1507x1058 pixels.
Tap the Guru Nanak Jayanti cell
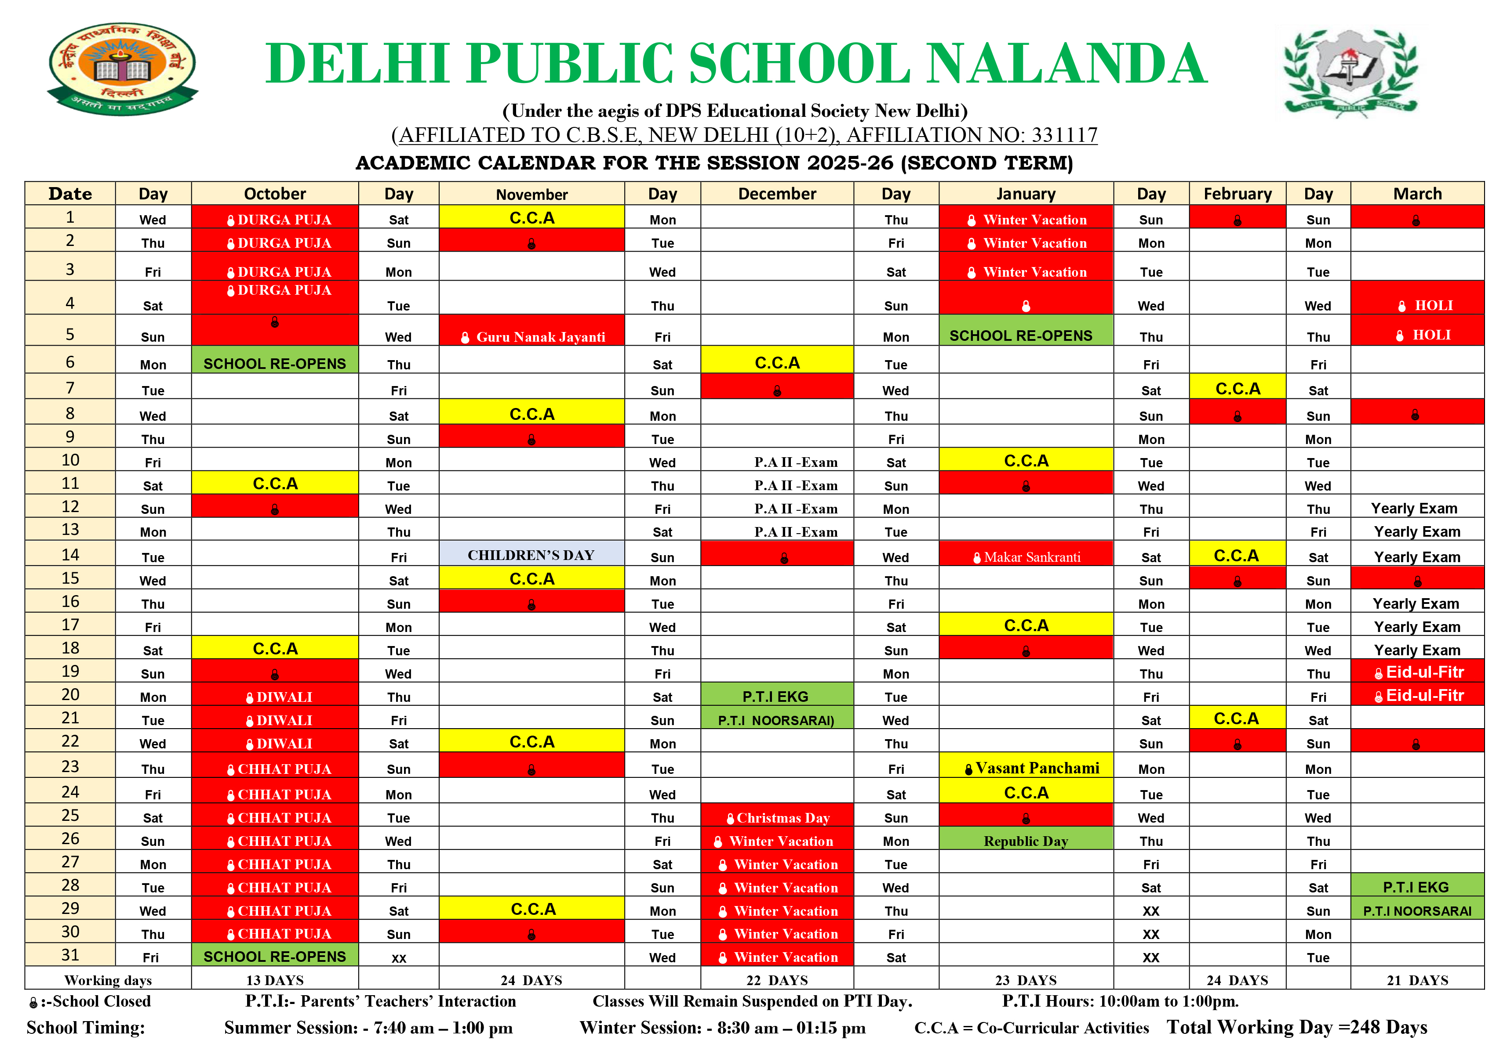click(531, 336)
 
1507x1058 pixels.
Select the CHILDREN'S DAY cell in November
click(531, 555)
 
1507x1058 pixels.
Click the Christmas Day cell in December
click(777, 817)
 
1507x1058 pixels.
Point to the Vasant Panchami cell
click(1026, 767)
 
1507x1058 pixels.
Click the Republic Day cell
click(1026, 841)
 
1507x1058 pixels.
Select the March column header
click(1417, 194)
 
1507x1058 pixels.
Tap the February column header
click(1237, 194)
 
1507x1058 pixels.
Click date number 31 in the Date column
click(70, 955)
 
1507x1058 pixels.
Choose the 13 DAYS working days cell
click(275, 980)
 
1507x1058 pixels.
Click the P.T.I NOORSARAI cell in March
click(1417, 911)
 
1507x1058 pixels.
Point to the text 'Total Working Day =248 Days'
click(1296, 1027)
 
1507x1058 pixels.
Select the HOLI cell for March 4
click(1417, 305)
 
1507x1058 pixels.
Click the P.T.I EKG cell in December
click(776, 697)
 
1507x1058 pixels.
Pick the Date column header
click(70, 194)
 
